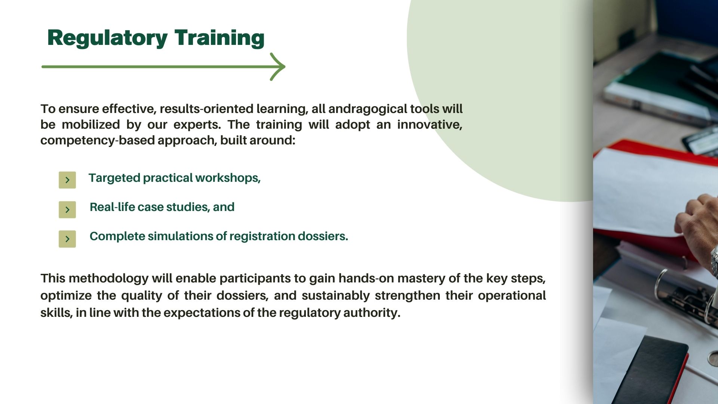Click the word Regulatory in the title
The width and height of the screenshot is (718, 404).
click(108, 39)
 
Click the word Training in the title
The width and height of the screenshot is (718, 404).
click(220, 39)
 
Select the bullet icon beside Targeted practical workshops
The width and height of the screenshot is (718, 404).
click(67, 180)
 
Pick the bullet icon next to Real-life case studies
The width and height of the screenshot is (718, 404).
click(67, 209)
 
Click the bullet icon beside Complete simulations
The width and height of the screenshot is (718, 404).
click(67, 239)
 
